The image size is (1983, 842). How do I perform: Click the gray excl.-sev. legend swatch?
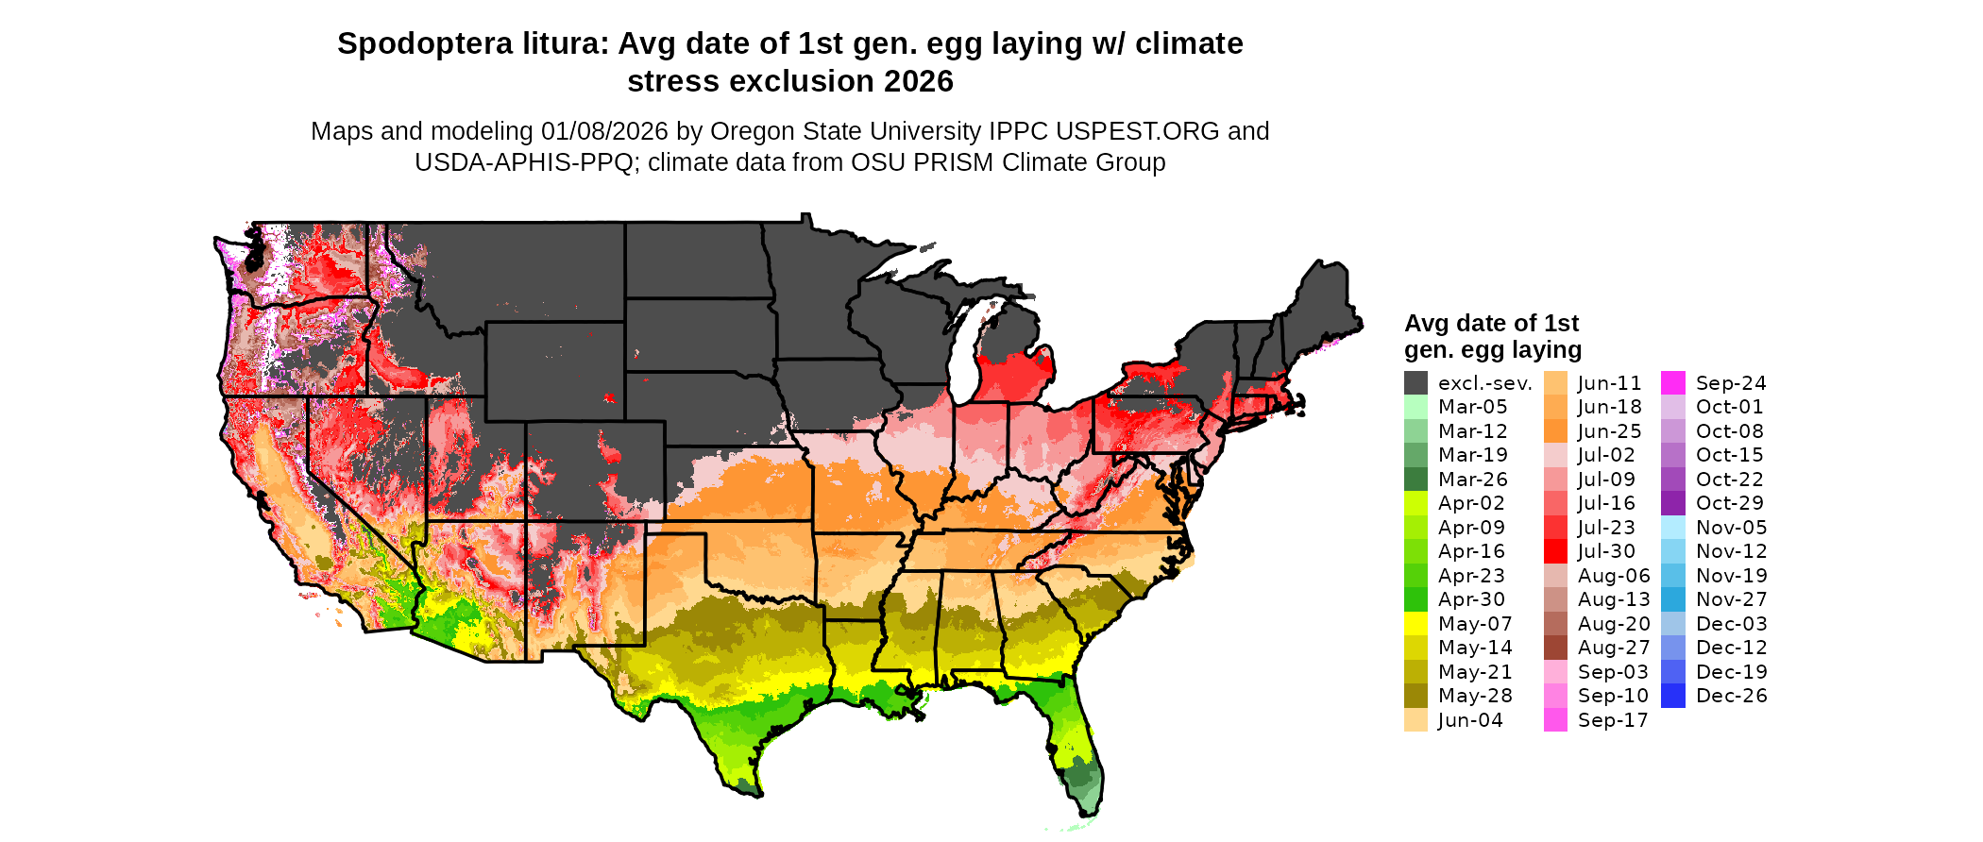tap(1415, 383)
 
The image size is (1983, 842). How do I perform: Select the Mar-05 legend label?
tap(1472, 407)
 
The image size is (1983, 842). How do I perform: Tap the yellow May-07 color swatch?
tap(1415, 624)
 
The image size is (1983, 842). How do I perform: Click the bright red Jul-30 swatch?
tap(1555, 551)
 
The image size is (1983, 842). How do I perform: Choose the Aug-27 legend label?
tap(1613, 648)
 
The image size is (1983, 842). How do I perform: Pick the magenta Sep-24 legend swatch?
tap(1672, 383)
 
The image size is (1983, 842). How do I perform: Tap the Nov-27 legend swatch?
tap(1672, 599)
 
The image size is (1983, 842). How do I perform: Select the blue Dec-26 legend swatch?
tap(1672, 696)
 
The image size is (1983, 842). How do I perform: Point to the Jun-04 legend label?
tap(1469, 720)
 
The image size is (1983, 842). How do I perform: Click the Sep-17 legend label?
tap(1612, 720)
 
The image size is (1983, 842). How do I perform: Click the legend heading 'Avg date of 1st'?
tap(1491, 324)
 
